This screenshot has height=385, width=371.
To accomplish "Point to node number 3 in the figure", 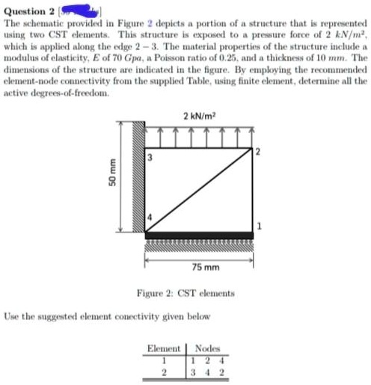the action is (x=149, y=157).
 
